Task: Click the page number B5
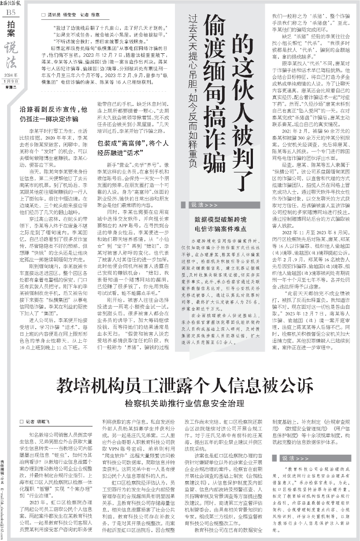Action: [9, 13]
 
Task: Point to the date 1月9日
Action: [9, 80]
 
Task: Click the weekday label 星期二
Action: [9, 86]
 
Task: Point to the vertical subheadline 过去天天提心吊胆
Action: [192, 53]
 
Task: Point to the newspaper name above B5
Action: [8, 4]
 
